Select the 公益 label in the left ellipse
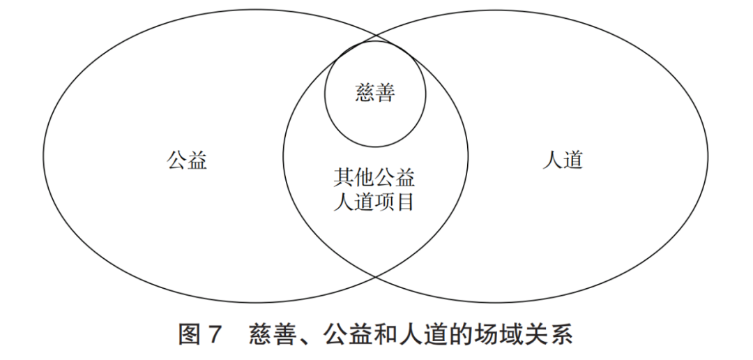click(x=187, y=161)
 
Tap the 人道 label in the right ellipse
click(x=563, y=161)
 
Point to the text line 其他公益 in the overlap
click(x=374, y=178)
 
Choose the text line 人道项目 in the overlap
click(x=374, y=202)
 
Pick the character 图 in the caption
click(x=190, y=336)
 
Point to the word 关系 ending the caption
click(x=550, y=336)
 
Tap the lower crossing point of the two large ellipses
click(x=375, y=278)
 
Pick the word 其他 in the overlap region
click(x=353, y=178)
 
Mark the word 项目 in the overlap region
click(x=395, y=202)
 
